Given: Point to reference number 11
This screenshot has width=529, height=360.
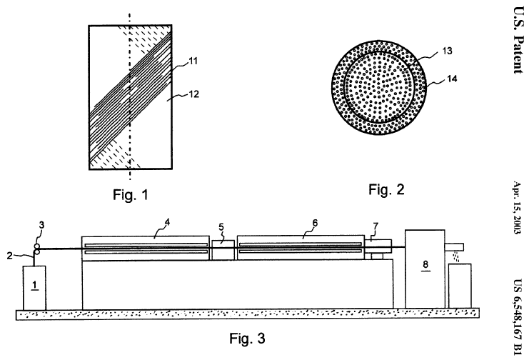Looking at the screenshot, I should click(192, 63).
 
